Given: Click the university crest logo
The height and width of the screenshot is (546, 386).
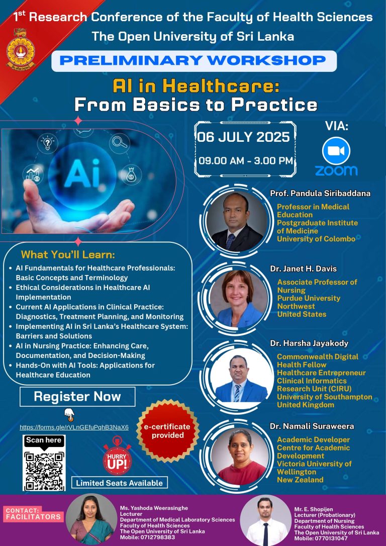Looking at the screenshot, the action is pyautogui.click(x=21, y=49).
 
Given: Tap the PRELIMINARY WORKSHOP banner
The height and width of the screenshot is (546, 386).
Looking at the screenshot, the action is pyautogui.click(x=194, y=61).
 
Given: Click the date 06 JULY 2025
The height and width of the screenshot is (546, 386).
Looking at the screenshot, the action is pyautogui.click(x=244, y=137).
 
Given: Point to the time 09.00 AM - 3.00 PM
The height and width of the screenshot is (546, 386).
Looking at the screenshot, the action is pyautogui.click(x=245, y=161).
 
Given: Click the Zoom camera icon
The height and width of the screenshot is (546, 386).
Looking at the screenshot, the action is pyautogui.click(x=336, y=150).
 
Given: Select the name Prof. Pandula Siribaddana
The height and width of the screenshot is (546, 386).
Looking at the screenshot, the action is pyautogui.click(x=320, y=194).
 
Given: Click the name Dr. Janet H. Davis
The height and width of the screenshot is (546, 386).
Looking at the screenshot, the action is pyautogui.click(x=299, y=269).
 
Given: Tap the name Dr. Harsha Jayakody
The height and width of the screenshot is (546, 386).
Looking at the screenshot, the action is pyautogui.click(x=309, y=343).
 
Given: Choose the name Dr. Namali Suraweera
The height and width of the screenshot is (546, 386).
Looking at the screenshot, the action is pyautogui.click(x=312, y=426).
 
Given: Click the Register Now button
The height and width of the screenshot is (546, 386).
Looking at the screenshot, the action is pyautogui.click(x=77, y=397).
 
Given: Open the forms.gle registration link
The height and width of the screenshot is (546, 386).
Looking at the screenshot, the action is pyautogui.click(x=74, y=427).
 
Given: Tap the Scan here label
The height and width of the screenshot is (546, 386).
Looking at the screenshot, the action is pyautogui.click(x=44, y=440).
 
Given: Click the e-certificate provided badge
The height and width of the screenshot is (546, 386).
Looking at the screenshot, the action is pyautogui.click(x=168, y=431).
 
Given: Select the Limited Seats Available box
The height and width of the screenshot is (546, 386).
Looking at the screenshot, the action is pyautogui.click(x=120, y=483).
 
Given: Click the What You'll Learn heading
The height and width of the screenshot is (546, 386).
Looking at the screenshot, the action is pyautogui.click(x=68, y=254).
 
